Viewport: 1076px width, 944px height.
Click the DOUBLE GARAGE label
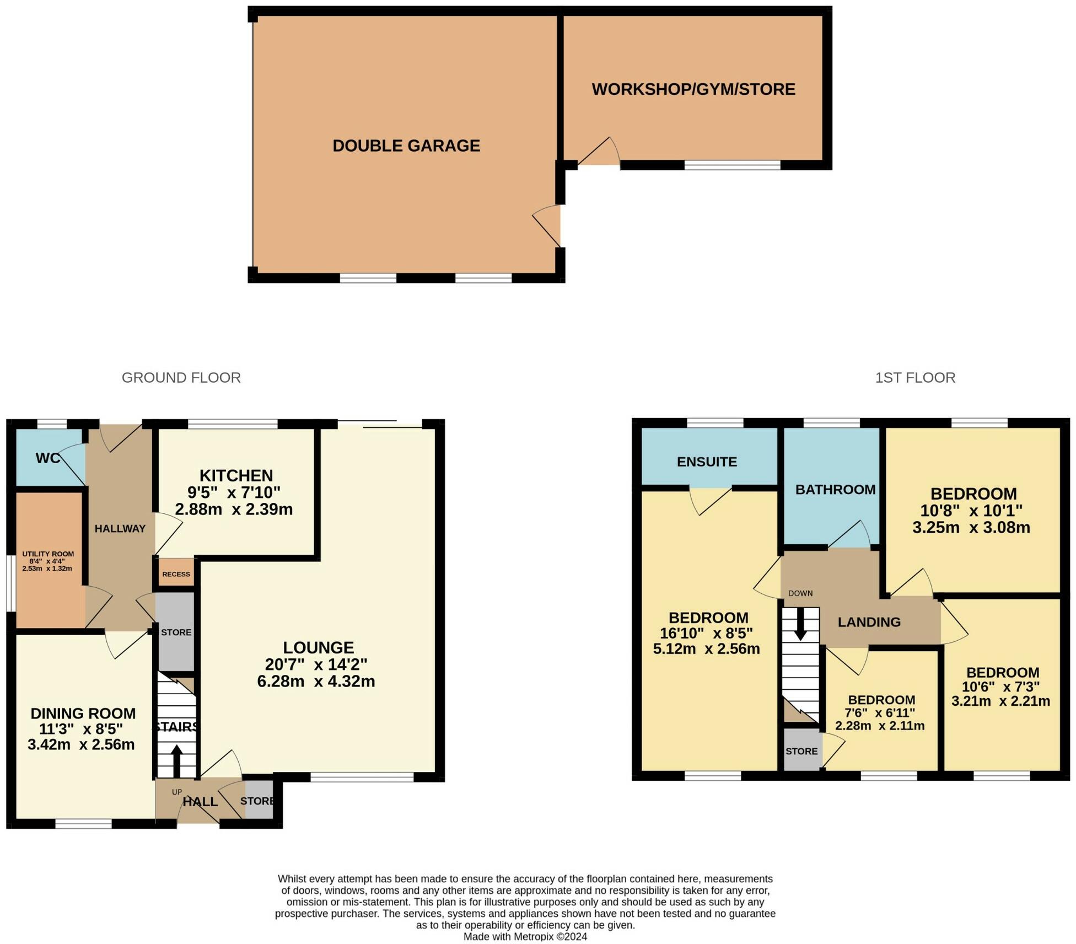(406, 146)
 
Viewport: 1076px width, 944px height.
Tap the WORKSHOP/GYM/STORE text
(693, 89)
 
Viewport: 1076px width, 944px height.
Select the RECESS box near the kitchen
(176, 574)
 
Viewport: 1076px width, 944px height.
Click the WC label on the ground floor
(47, 458)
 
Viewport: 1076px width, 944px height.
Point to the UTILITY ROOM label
(48, 554)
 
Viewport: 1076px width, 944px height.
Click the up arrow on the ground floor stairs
(176, 761)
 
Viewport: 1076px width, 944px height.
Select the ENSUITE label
(707, 462)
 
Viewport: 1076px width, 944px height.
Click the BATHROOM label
(835, 490)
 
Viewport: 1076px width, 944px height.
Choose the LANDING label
(869, 622)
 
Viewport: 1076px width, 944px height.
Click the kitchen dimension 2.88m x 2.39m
(234, 509)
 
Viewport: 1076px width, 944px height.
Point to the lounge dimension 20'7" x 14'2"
(317, 664)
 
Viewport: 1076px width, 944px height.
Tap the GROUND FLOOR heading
(181, 378)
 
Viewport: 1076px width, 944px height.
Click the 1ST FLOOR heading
(915, 378)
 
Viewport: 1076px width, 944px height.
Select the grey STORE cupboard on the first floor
(801, 751)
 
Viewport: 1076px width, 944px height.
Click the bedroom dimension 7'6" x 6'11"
(880, 713)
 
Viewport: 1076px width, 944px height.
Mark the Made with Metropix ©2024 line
(525, 936)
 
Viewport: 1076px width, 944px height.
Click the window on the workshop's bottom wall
(733, 164)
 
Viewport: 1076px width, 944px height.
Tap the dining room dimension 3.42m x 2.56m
(81, 745)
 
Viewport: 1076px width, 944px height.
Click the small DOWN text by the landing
(800, 593)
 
